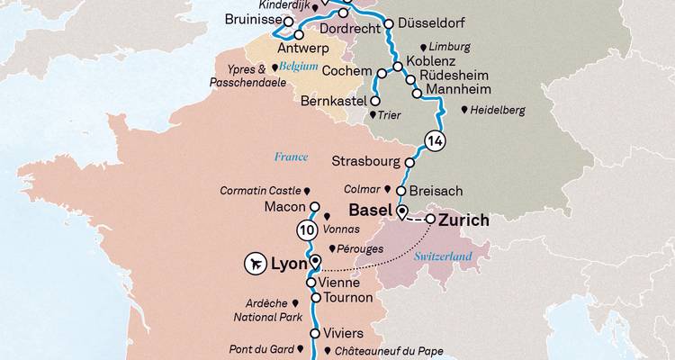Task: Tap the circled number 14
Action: [x=435, y=140]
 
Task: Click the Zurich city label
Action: [x=463, y=220]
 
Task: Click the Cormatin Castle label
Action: [x=262, y=191]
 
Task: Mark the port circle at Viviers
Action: [x=315, y=333]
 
